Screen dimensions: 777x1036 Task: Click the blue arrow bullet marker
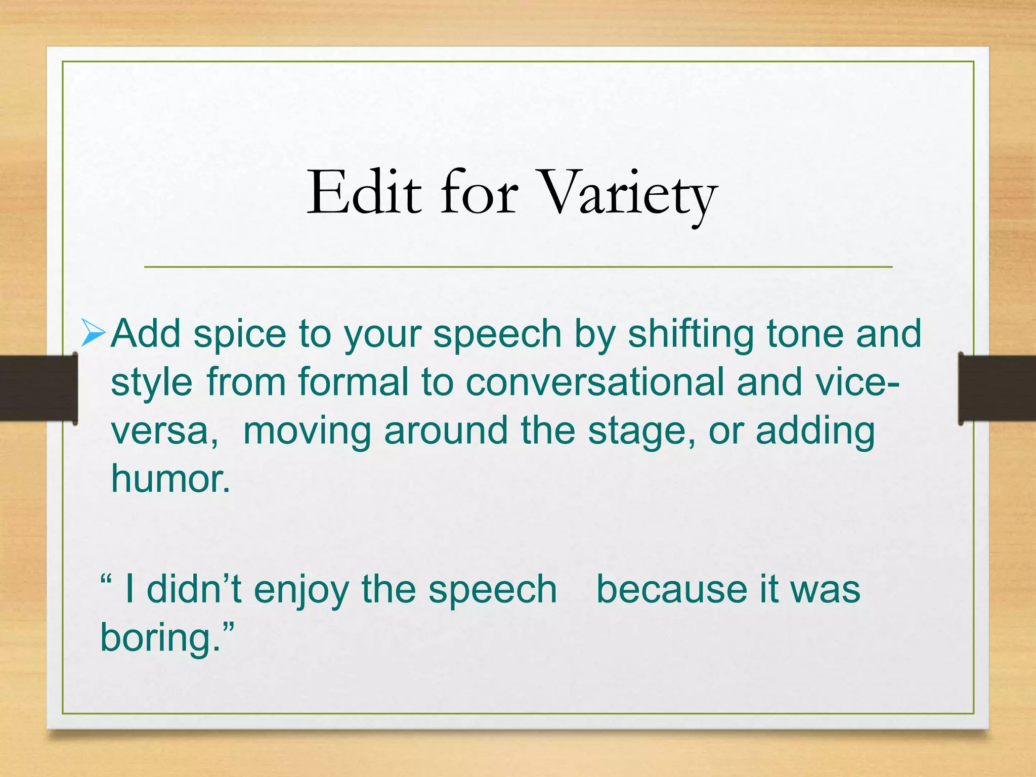[93, 334]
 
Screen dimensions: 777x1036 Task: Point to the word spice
[240, 335]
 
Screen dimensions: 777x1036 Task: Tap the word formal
[353, 382]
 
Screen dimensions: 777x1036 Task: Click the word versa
[163, 431]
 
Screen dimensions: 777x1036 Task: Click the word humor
[169, 479]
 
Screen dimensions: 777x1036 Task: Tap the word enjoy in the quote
[301, 590]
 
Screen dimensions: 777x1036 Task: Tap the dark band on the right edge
[997, 388]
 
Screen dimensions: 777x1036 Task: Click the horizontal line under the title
[518, 267]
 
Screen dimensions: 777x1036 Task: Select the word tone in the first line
[804, 335]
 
